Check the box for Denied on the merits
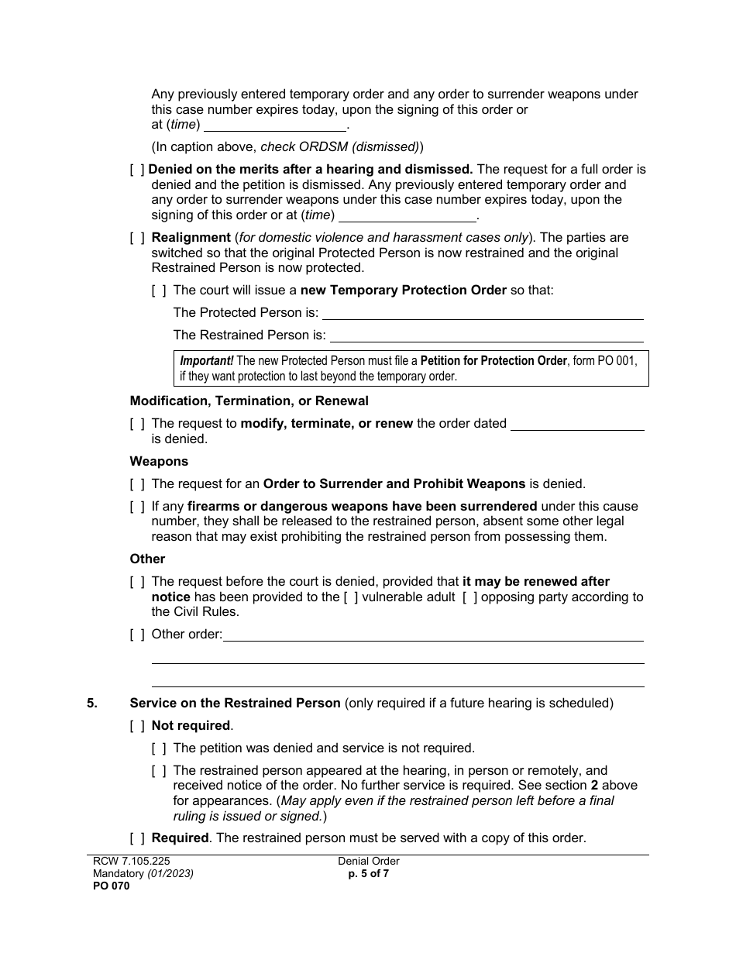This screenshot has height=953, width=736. pyautogui.click(x=137, y=170)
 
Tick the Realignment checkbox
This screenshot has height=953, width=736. pyautogui.click(x=137, y=238)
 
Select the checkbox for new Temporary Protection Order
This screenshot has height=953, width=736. pyautogui.click(x=159, y=291)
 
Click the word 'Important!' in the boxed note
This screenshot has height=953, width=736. pyautogui.click(x=206, y=361)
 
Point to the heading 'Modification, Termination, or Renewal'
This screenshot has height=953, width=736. pyautogui.click(x=249, y=401)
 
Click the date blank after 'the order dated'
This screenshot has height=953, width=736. pyautogui.click(x=578, y=424)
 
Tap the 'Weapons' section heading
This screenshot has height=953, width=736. pyautogui.click(x=159, y=462)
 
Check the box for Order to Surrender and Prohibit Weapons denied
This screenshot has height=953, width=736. pyautogui.click(x=137, y=484)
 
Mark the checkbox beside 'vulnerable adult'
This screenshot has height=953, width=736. pyautogui.click(x=351, y=597)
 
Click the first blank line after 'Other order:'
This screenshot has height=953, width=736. pyautogui.click(x=433, y=635)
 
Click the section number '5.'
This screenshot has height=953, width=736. pyautogui.click(x=92, y=704)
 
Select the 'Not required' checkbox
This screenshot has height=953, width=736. pyautogui.click(x=137, y=726)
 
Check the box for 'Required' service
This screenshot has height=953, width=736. pyautogui.click(x=137, y=838)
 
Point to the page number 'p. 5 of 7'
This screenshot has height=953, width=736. pyautogui.click(x=369, y=873)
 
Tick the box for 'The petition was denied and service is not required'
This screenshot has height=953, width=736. pyautogui.click(x=159, y=748)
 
